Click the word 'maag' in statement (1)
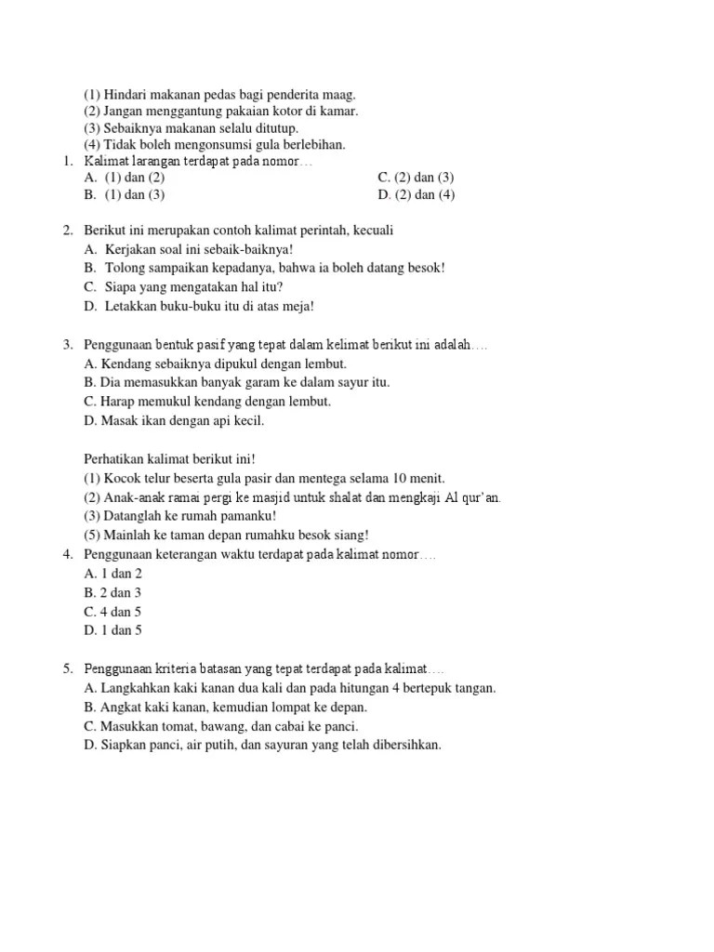pos(337,95)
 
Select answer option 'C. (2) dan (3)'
pos(416,178)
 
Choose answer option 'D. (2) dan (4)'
pos(416,194)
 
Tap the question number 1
pos(68,161)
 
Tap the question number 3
pos(68,345)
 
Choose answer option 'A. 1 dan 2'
pos(112,574)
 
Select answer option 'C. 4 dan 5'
pos(112,612)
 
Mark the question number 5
pos(68,669)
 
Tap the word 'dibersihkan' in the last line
pos(405,745)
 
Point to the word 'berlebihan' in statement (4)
pos(310,144)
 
